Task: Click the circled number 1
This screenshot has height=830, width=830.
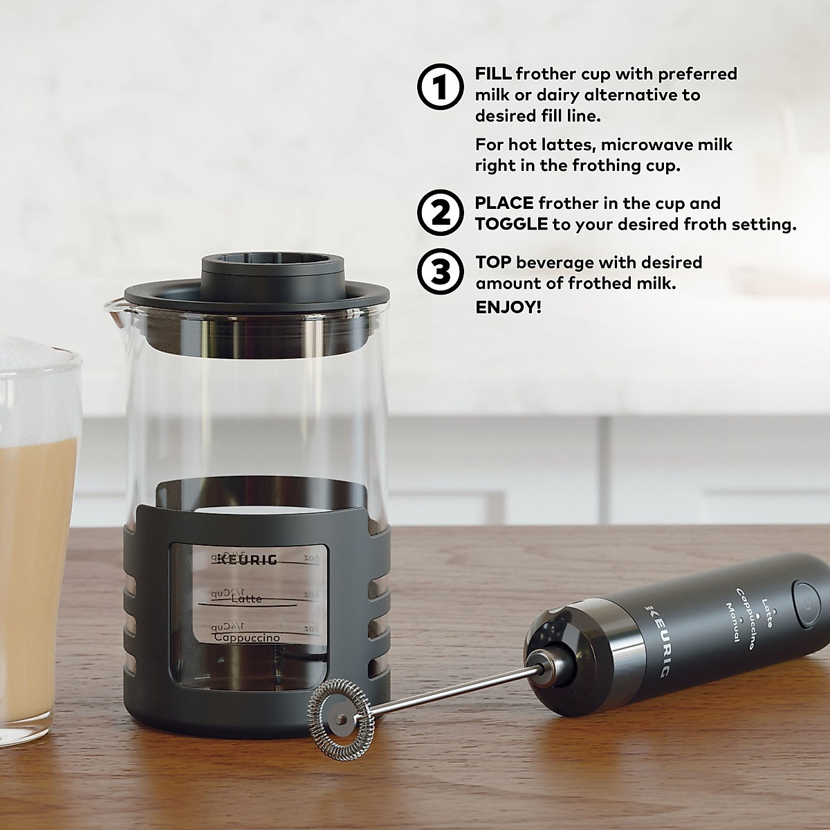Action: coord(439,88)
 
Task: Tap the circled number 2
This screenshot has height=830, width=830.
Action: coord(439,213)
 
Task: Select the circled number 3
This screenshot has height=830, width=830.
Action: coord(439,273)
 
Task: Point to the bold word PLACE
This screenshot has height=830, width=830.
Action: coord(504,203)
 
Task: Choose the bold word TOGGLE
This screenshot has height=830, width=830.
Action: coord(511,224)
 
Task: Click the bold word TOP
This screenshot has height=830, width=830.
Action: coord(492,263)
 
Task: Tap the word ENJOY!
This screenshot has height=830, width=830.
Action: coord(508,307)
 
